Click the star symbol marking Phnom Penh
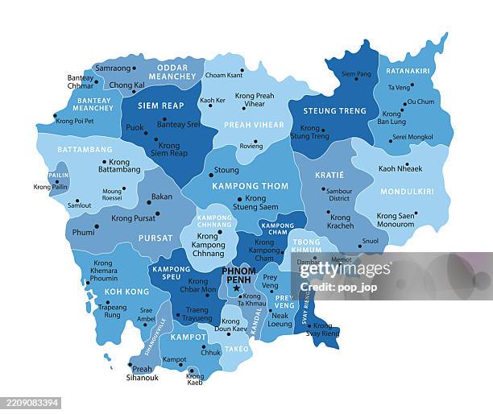236,288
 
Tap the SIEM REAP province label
161,106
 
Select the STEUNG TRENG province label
334,110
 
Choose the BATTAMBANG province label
85,150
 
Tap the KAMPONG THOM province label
250,186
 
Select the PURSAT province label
155,238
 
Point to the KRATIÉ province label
330,175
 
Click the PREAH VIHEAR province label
254,125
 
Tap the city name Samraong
113,68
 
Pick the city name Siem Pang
356,74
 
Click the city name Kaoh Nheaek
400,169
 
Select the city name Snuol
371,241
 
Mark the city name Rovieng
251,146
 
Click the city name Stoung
226,170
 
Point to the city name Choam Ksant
224,75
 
